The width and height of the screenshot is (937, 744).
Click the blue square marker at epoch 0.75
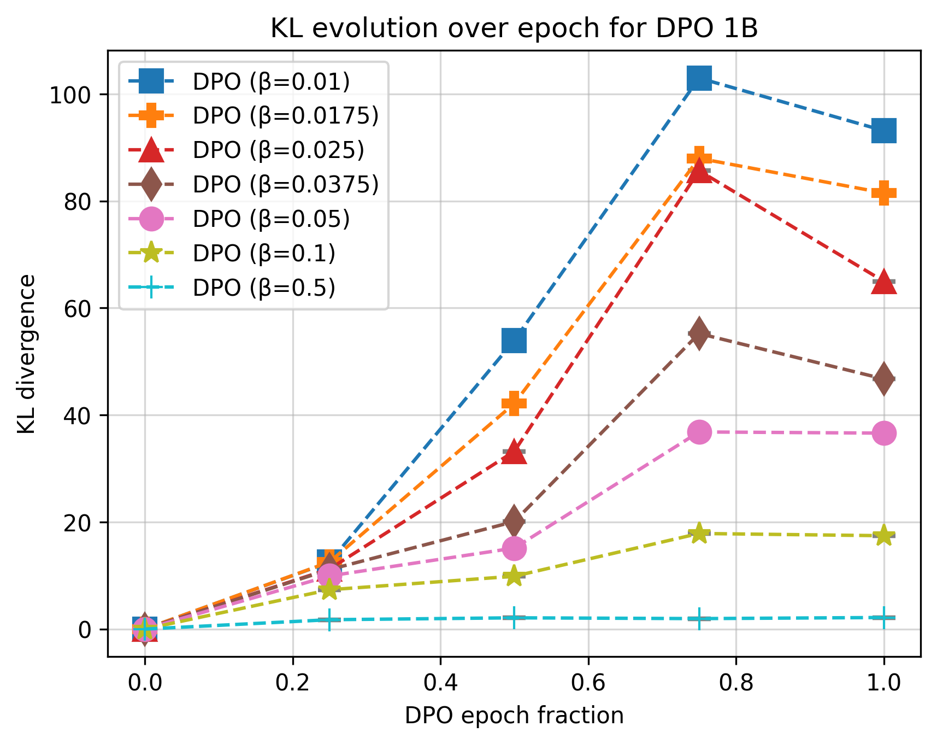(699, 78)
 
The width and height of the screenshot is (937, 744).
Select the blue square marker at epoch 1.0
(883, 131)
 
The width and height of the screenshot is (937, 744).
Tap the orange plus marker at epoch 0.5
(514, 403)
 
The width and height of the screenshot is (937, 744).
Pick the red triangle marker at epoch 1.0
(883, 283)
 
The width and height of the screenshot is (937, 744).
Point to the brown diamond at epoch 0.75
(699, 334)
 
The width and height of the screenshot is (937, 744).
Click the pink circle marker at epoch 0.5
(514, 548)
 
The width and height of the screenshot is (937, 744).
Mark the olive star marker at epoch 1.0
(883, 536)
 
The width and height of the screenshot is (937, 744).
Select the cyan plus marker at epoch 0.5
(514, 618)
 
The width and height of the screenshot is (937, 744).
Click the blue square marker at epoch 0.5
(514, 341)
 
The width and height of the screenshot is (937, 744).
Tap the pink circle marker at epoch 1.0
(883, 433)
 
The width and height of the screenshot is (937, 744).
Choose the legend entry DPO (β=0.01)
(270, 82)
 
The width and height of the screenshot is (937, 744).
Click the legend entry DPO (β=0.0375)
(285, 185)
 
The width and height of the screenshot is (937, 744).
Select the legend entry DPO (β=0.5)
(263, 288)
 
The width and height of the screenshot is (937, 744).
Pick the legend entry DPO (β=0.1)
(263, 253)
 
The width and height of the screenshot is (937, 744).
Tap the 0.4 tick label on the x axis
(440, 683)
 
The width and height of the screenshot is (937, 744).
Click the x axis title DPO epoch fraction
(514, 716)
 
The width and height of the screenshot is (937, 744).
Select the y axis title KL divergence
(26, 354)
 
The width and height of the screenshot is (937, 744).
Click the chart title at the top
(514, 28)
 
